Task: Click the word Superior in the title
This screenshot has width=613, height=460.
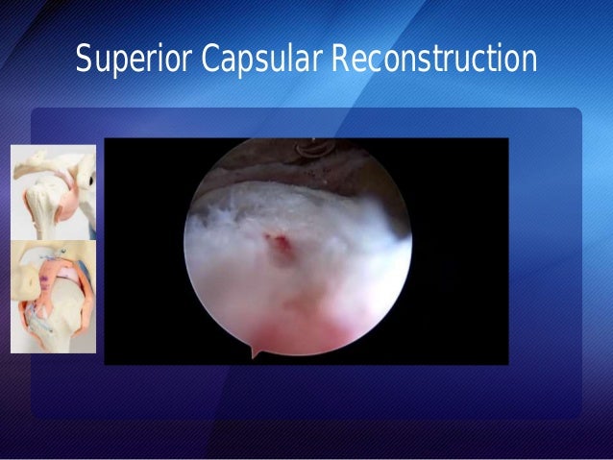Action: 135,60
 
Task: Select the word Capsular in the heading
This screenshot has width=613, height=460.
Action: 261,60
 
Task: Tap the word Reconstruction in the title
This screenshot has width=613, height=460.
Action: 434,60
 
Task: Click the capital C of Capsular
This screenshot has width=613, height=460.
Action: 210,60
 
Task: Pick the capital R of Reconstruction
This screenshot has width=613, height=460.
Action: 339,60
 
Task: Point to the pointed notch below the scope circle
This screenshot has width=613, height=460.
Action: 256,352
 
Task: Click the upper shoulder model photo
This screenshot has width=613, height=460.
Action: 54,191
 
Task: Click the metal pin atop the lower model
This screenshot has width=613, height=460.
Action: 58,253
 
